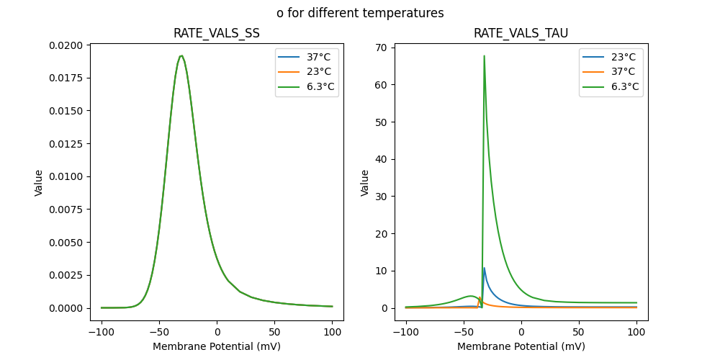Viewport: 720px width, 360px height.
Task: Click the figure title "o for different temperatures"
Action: coord(360,13)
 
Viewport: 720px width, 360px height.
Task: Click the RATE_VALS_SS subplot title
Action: coord(217,33)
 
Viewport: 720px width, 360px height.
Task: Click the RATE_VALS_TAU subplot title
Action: coord(521,33)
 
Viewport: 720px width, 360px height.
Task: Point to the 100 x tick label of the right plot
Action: coord(636,333)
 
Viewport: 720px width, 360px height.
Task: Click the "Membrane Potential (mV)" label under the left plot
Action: coord(217,346)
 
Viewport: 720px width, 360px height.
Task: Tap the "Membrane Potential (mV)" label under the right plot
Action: coord(521,346)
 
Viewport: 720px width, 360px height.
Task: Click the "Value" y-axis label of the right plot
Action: coord(365,183)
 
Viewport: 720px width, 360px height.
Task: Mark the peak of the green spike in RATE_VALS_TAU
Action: coord(484,56)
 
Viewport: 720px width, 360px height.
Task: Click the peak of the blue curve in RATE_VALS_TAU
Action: coord(484,269)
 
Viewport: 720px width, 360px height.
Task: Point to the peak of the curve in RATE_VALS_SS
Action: coord(181,56)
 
